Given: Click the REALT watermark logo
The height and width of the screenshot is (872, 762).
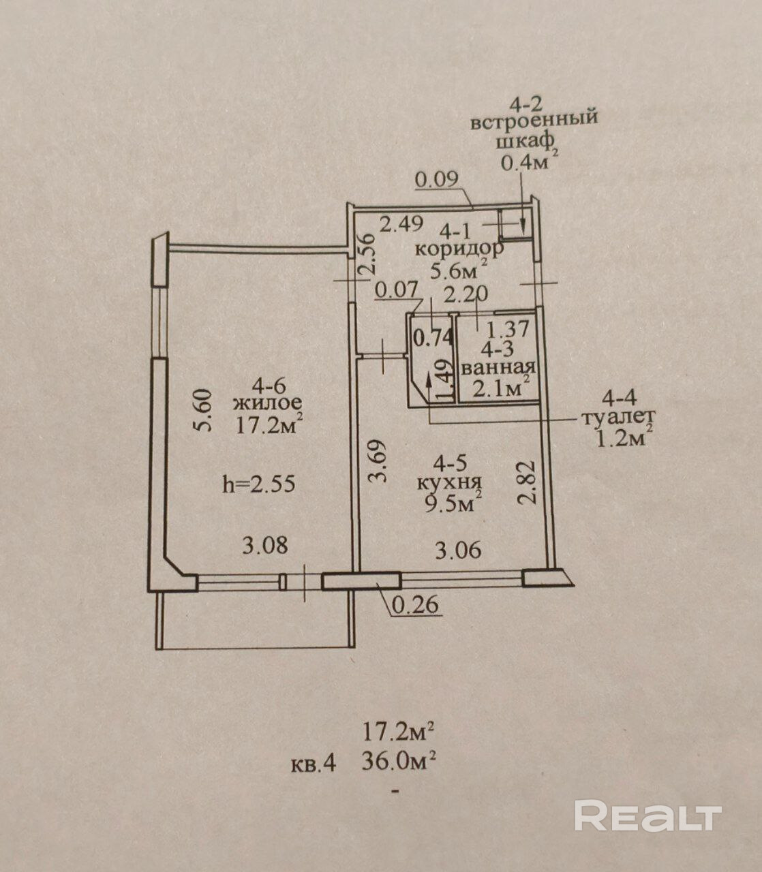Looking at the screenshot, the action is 647,815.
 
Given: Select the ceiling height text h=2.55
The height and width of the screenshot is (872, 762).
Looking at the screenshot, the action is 259,484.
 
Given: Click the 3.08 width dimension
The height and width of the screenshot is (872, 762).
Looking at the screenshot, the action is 266,545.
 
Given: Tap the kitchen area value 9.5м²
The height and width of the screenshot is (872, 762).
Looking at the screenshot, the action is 453,504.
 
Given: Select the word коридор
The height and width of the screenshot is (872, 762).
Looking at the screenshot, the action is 459,248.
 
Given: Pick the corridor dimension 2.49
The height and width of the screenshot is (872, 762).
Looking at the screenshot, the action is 402,223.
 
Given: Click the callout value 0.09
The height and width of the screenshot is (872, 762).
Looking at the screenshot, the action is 438,180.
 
